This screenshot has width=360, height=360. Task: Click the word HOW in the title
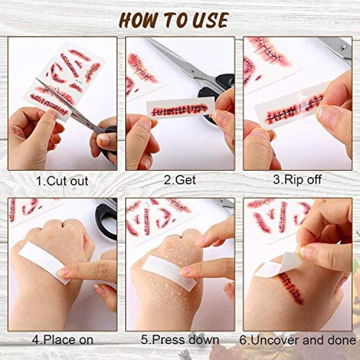click(139, 20)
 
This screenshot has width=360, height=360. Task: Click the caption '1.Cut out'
click(62, 181)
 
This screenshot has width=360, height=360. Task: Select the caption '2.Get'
click(180, 180)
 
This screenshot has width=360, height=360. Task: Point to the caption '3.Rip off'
click(297, 180)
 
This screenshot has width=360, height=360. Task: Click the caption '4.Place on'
click(62, 340)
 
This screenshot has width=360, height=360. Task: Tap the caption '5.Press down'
click(180, 340)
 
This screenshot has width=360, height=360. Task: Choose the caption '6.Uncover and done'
click(298, 340)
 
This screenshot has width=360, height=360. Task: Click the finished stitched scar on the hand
click(291, 288)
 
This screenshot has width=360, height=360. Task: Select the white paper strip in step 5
click(168, 273)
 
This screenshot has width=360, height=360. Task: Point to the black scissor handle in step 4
click(106, 220)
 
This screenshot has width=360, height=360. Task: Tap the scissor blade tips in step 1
click(37, 79)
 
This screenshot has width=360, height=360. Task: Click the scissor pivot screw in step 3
click(343, 48)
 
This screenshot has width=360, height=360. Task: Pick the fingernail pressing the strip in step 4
click(63, 272)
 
